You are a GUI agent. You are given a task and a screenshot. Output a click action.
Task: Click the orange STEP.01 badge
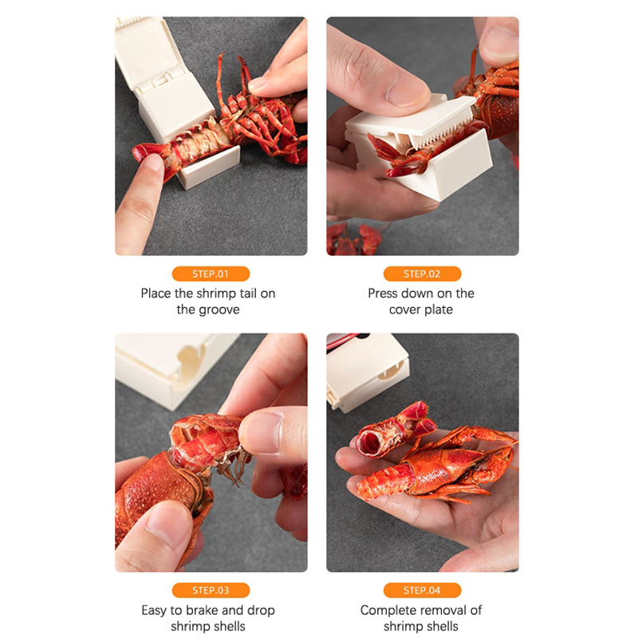coord(211,274)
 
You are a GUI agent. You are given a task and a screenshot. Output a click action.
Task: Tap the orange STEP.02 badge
coord(422,274)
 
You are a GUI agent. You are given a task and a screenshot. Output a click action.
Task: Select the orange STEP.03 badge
coord(211,590)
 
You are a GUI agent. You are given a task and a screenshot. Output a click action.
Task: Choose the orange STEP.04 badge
coord(422,590)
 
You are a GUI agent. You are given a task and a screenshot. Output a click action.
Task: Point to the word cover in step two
coord(404,310)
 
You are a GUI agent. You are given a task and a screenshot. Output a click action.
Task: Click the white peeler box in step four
coord(366,372)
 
